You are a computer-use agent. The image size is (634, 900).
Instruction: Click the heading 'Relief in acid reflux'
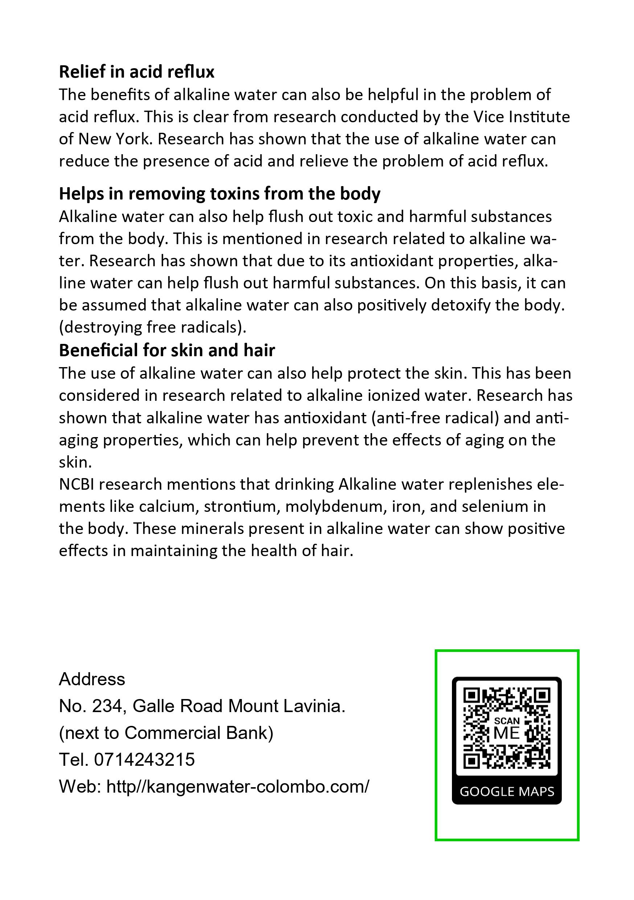pyautogui.click(x=136, y=72)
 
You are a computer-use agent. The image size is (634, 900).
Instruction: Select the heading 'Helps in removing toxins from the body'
pyautogui.click(x=219, y=194)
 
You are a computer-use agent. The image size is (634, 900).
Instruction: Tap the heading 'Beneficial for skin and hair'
pyautogui.click(x=167, y=350)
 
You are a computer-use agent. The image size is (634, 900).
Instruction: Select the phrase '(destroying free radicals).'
pyautogui.click(x=152, y=327)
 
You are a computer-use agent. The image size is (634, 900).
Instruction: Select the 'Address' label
pyautogui.click(x=92, y=679)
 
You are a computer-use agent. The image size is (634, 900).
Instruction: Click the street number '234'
pyautogui.click(x=106, y=706)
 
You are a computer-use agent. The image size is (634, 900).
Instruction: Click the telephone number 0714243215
pyautogui.click(x=144, y=759)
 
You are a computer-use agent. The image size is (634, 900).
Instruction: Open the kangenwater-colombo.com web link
pyautogui.click(x=238, y=786)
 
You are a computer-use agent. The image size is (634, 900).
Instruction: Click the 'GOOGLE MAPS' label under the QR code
pyautogui.click(x=507, y=792)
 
